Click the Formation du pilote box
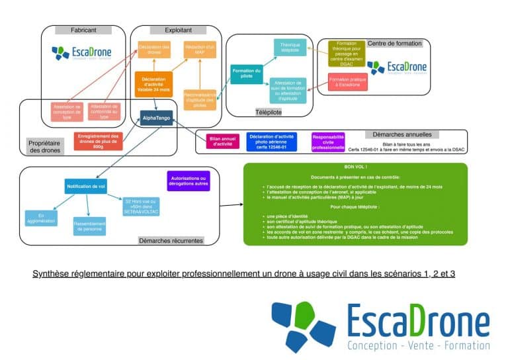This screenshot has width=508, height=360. (246, 73)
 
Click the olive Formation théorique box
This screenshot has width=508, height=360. (347, 53)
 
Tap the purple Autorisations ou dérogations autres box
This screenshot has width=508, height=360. (189, 181)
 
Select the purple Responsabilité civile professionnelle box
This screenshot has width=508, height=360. (328, 140)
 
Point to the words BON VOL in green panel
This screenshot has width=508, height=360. (355, 168)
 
